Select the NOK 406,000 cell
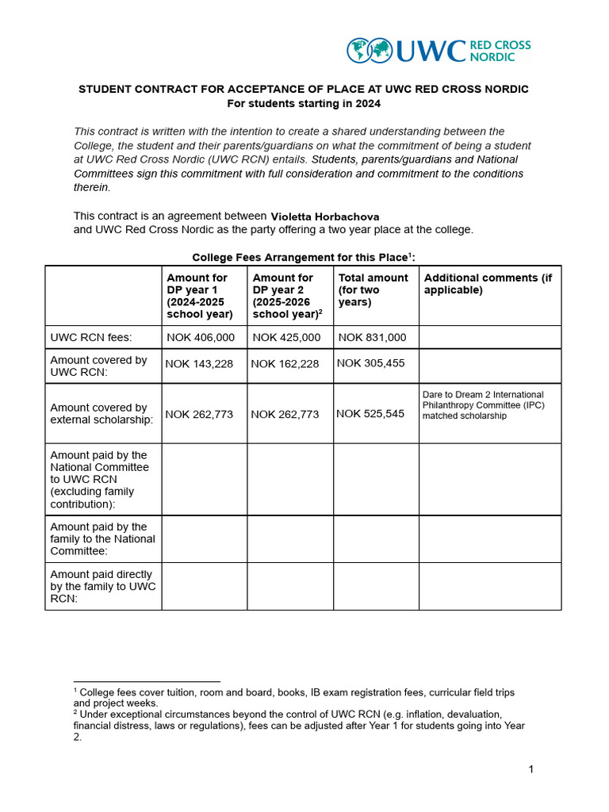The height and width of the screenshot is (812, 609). coord(201,337)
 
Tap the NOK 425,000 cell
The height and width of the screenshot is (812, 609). coord(286,337)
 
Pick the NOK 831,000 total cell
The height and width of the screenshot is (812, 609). coord(372,337)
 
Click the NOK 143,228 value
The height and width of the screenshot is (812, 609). coord(200,364)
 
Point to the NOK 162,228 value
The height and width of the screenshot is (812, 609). coord(285,364)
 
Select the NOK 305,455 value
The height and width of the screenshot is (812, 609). coord(370,363)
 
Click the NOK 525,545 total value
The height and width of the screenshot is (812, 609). coord(370,413)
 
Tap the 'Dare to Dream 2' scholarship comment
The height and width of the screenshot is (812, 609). coord(483,404)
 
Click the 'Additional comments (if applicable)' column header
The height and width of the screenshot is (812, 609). coord(488,284)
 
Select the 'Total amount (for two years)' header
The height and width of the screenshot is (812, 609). coord(373,289)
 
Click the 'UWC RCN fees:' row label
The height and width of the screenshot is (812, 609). coord(91,337)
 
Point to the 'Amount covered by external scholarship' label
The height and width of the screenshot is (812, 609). coord(101,413)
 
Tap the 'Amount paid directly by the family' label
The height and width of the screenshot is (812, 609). coord(102,586)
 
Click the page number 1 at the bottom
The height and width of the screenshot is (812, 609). coord(531,769)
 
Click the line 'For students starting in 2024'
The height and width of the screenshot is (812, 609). coord(304,103)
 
